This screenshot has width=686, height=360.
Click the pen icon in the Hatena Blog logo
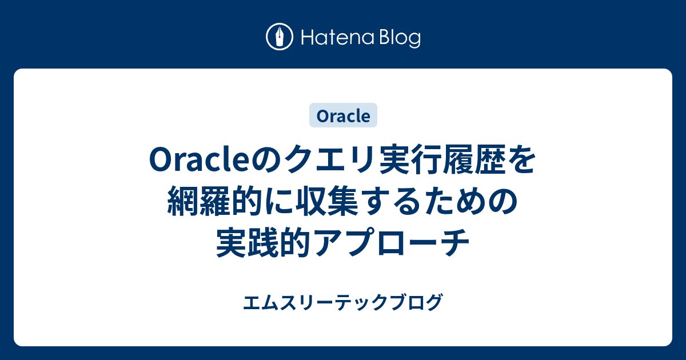279,37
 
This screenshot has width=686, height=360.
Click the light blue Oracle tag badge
343,115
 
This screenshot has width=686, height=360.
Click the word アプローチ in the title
395,244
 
